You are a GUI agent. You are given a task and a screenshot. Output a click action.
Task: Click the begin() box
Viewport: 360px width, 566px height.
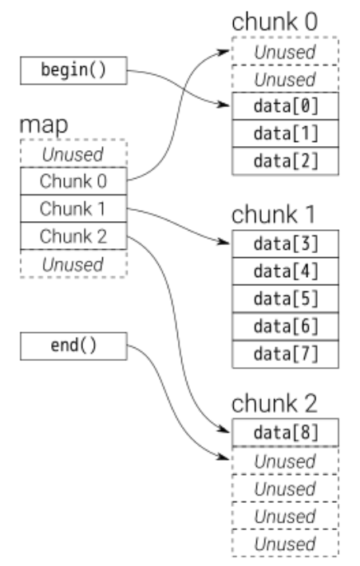[73, 70]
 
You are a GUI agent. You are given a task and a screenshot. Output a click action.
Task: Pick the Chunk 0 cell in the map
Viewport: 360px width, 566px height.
[73, 180]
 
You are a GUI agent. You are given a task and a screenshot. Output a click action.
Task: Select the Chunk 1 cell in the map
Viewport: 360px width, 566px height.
[73, 209]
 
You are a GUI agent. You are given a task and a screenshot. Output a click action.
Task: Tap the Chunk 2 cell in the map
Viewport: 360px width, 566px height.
[73, 236]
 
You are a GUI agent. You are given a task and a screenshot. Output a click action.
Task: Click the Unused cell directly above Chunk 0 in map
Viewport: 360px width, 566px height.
[73, 153]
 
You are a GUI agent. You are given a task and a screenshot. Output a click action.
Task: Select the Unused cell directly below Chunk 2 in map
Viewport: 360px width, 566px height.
[73, 263]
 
